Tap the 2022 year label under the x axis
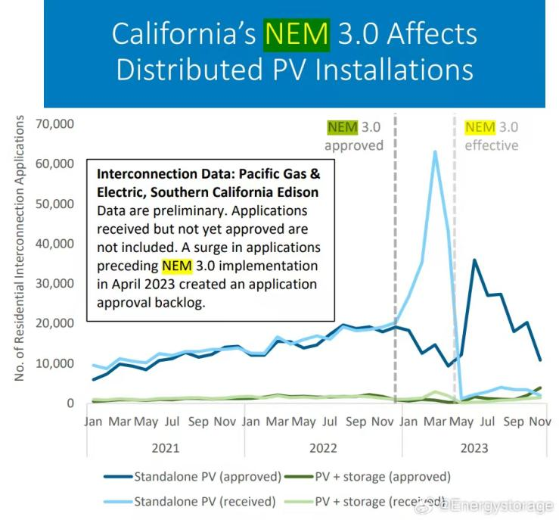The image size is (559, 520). pyautogui.click(x=323, y=447)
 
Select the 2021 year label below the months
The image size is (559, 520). pyautogui.click(x=165, y=447)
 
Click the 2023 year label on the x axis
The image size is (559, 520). pyautogui.click(x=476, y=447)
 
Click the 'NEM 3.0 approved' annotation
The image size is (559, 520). pyautogui.click(x=354, y=136)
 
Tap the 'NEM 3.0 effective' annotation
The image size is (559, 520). pyautogui.click(x=491, y=136)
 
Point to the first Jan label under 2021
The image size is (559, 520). pyautogui.click(x=94, y=421)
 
